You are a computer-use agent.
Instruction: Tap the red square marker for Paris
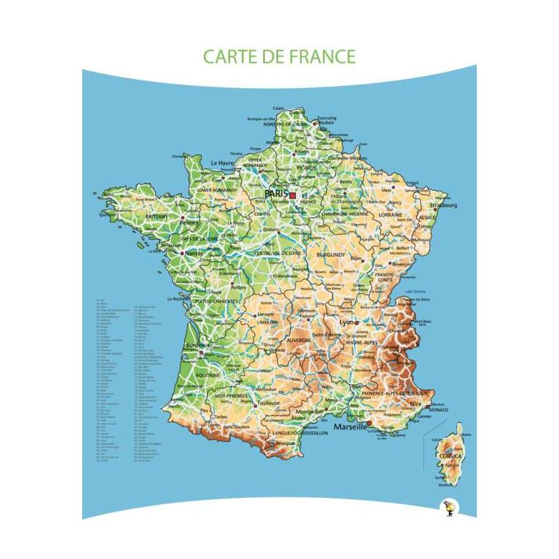coord(293,195)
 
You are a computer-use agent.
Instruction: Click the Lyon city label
coord(347,322)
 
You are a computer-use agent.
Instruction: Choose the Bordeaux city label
coord(198,345)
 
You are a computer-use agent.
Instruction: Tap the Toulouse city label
coord(268,402)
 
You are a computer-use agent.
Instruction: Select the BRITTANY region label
coord(157,216)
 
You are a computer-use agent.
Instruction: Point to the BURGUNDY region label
coord(330,254)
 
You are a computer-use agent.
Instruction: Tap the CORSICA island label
coord(451,456)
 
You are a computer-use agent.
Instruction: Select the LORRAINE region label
coord(391,214)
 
